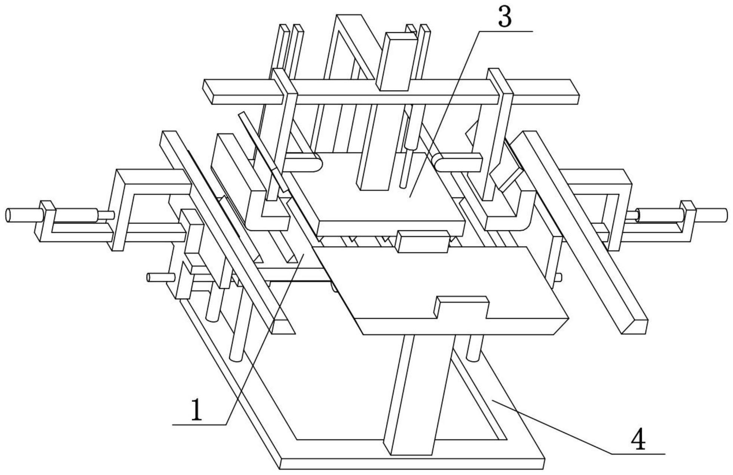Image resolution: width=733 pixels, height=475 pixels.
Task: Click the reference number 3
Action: pos(504,17)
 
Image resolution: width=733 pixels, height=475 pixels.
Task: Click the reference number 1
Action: pos(196,410)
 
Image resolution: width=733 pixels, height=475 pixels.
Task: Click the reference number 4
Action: pos(638,439)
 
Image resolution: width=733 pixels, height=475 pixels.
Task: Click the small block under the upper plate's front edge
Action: pos(423,241)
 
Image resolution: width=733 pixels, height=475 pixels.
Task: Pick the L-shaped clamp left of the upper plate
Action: pos(267,217)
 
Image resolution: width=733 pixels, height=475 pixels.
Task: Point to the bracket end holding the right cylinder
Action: pos(688,220)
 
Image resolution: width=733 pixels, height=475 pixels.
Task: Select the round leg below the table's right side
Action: pos(473,348)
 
